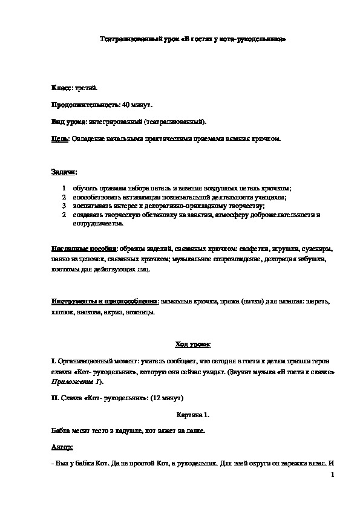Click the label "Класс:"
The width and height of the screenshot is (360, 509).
pyautogui.click(x=61, y=88)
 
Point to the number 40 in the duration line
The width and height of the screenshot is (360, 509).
pyautogui.click(x=126, y=105)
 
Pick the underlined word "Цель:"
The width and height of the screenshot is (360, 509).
pyautogui.click(x=61, y=139)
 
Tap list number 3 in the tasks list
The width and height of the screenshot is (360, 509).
pyautogui.click(x=64, y=206)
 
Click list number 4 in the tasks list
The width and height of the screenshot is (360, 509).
pyautogui.click(x=64, y=215)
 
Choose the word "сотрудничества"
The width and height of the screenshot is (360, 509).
pyautogui.click(x=98, y=223)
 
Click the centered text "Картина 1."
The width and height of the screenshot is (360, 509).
pyautogui.click(x=192, y=416)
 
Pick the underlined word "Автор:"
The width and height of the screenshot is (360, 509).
pyautogui.click(x=62, y=447)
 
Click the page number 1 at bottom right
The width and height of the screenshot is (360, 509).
pyautogui.click(x=332, y=476)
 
